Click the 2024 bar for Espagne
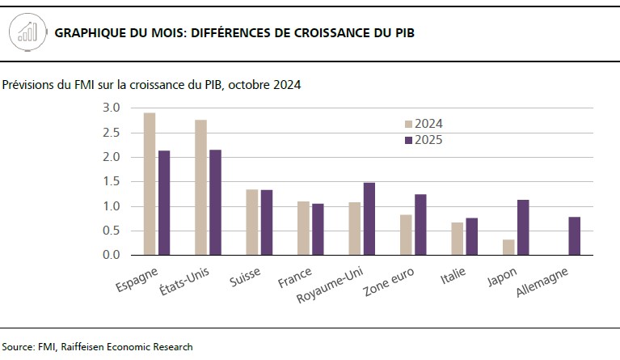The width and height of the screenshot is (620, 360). (x=150, y=184)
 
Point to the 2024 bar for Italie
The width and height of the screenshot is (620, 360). (x=457, y=239)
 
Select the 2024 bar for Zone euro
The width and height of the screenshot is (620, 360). (x=406, y=235)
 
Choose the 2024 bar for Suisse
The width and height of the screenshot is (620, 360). (x=252, y=222)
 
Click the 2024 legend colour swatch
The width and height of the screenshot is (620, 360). (x=408, y=124)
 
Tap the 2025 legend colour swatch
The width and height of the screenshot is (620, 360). (x=408, y=140)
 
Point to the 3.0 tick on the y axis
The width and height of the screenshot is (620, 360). (x=112, y=108)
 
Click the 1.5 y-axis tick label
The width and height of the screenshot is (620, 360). (x=112, y=181)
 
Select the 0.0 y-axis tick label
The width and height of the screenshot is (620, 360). (x=112, y=255)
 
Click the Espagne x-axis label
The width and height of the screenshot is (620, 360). (x=137, y=277)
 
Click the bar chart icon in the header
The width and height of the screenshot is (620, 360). (x=27, y=33)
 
